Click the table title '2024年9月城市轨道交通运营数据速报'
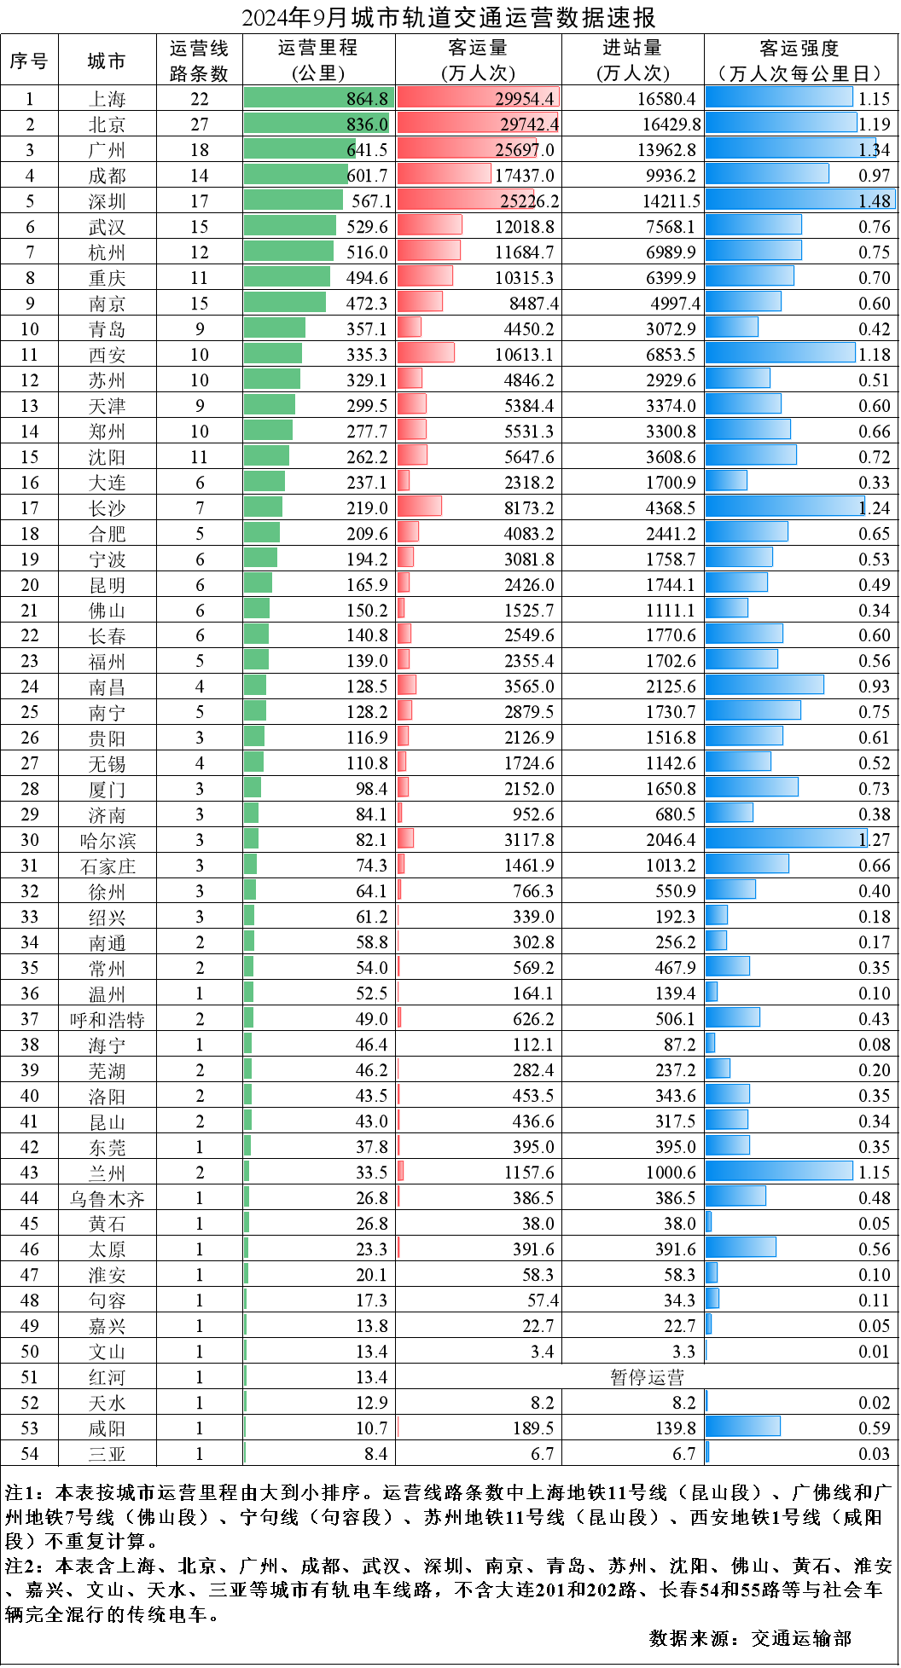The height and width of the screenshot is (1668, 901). pos(449,18)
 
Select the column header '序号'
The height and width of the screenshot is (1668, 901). pos(29,61)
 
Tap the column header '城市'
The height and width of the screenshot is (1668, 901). pos(107,61)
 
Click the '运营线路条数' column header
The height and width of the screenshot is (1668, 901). pos(199,61)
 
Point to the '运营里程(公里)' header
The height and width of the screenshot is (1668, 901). pos(318,61)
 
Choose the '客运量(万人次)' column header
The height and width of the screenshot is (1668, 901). pos(478,61)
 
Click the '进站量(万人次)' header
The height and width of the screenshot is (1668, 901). pos(632,61)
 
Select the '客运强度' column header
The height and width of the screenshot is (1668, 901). pos(800,61)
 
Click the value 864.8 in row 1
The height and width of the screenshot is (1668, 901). pos(367,99)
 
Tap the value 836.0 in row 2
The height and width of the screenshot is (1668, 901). pos(367,125)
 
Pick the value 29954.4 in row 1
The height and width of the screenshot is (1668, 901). pos(525,99)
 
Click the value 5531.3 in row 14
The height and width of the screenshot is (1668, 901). pos(528,431)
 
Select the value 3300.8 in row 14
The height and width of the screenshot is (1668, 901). pos(671,431)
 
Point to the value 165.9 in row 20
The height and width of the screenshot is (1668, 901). pos(367,585)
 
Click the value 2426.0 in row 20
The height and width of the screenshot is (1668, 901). pos(529,585)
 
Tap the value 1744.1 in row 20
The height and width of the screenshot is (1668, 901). pos(671,585)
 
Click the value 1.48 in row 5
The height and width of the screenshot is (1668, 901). pos(875,201)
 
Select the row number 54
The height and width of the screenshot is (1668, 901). pos(30,1454)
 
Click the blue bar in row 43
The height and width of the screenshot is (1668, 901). pos(779,1171)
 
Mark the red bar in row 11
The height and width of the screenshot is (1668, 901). pos(426,353)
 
